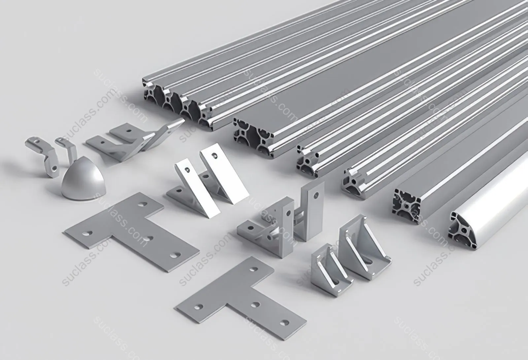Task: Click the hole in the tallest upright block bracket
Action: point(316,195)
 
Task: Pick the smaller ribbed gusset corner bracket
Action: point(331,270)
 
